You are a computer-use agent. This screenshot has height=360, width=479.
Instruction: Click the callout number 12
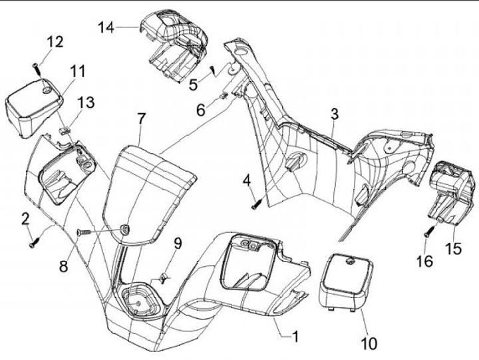(55, 43)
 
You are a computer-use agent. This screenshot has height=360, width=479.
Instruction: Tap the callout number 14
(106, 27)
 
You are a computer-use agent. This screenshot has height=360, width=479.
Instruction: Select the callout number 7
(140, 119)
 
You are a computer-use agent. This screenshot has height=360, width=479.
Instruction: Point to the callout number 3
(334, 114)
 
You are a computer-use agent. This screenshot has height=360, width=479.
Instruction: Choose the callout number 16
(427, 262)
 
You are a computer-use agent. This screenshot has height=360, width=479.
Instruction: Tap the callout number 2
(25, 218)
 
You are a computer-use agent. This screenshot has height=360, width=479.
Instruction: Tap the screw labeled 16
(429, 232)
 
